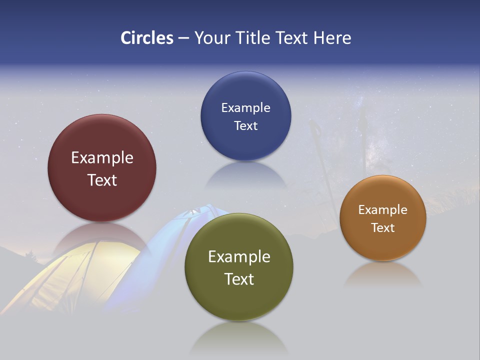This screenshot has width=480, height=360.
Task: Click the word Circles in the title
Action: (x=147, y=38)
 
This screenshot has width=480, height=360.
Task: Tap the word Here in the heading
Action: (x=332, y=38)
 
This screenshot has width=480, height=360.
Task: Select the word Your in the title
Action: (x=212, y=38)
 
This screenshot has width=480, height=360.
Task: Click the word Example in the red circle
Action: (x=102, y=158)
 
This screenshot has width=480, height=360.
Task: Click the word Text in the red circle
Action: (x=102, y=180)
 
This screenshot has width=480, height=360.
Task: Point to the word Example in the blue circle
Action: (x=245, y=108)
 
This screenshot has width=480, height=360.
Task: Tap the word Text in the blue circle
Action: (x=245, y=125)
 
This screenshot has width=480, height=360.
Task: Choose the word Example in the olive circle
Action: (x=239, y=257)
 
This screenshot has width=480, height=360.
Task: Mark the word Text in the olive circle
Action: (x=239, y=279)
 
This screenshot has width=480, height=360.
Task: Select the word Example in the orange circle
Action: (x=383, y=210)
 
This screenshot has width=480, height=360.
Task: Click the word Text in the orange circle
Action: (x=383, y=227)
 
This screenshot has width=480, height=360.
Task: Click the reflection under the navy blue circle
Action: (x=245, y=175)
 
